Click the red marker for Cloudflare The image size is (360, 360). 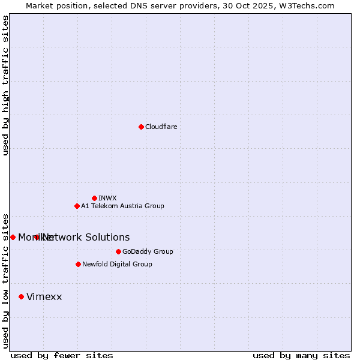(141, 127)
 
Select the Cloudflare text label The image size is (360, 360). (161, 127)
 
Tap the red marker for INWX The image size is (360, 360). (94, 198)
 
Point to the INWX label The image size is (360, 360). (107, 198)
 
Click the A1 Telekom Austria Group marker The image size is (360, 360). (77, 206)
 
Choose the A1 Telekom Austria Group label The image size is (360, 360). (122, 206)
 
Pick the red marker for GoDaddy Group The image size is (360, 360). (118, 251)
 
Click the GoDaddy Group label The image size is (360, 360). (148, 251)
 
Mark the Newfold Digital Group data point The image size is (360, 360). (78, 264)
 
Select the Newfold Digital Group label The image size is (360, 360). (117, 264)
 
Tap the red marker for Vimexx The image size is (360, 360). (21, 296)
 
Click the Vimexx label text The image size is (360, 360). (44, 296)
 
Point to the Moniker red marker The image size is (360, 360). (13, 237)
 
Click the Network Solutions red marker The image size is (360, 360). (37, 237)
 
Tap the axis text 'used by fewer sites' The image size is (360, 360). (62, 355)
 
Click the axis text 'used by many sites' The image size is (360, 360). (301, 355)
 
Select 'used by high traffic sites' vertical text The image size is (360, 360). (5, 85)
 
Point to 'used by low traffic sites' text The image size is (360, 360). (5, 280)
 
